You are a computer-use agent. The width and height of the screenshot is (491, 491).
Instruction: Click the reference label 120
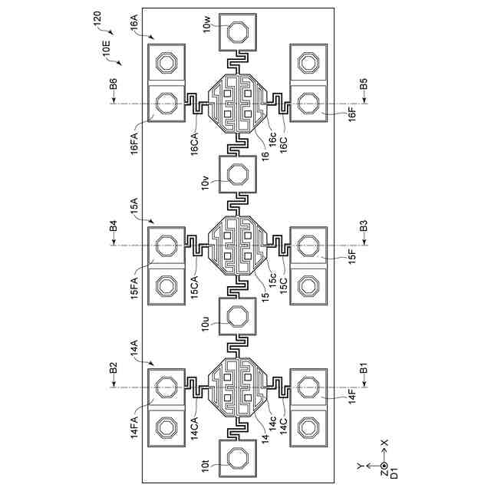(99, 18)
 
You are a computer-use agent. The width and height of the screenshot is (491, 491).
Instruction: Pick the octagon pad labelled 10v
(239, 174)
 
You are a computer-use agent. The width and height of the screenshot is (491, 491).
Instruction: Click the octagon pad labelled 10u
(239, 316)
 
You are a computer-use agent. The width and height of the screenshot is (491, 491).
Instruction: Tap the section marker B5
(364, 85)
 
